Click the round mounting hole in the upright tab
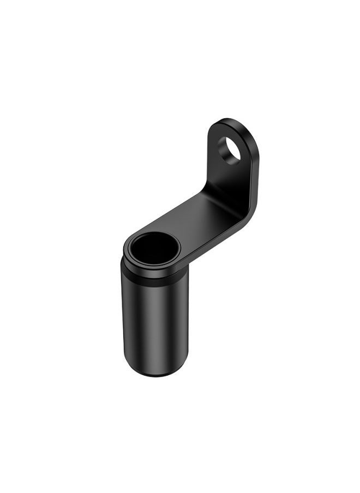point(229,149)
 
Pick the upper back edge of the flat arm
point(175,210)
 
